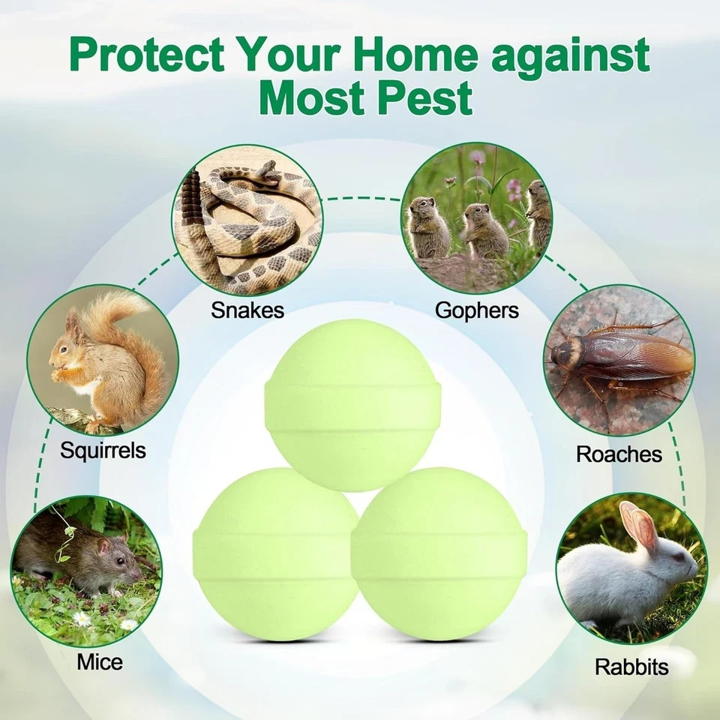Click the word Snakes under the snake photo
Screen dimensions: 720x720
click(247, 310)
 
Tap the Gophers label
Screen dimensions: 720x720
click(476, 310)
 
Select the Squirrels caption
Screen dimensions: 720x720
click(103, 451)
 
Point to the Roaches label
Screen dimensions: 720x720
click(619, 454)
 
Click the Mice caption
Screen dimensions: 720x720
click(99, 662)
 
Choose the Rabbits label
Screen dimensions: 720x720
click(631, 666)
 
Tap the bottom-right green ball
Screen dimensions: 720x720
click(439, 555)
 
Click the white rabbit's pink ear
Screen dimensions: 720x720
click(637, 525)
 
